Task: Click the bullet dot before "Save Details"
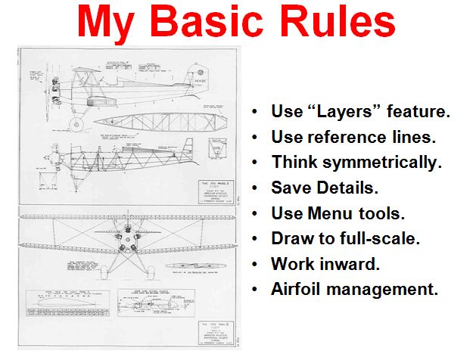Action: pyautogui.click(x=258, y=188)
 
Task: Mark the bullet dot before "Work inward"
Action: pyautogui.click(x=258, y=264)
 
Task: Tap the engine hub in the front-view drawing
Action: pyautogui.click(x=122, y=242)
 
